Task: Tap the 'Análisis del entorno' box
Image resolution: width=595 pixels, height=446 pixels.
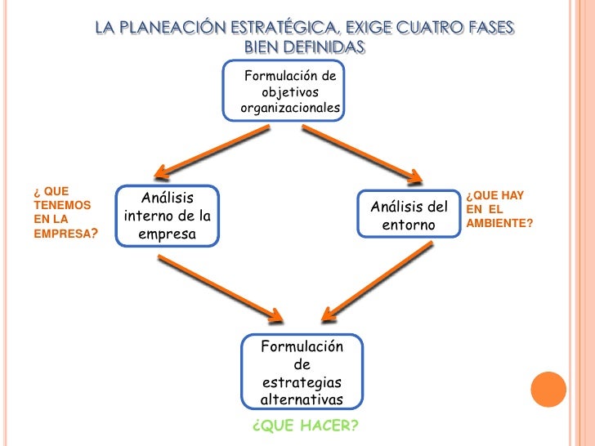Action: point(409,215)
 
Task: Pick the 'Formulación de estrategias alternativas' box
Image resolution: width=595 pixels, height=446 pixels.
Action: point(302,372)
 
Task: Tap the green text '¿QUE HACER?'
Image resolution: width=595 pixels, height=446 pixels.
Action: point(306,426)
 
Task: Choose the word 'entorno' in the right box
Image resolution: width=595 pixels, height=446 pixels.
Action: point(409,224)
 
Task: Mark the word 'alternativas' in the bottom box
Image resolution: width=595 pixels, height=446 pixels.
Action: point(302,399)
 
